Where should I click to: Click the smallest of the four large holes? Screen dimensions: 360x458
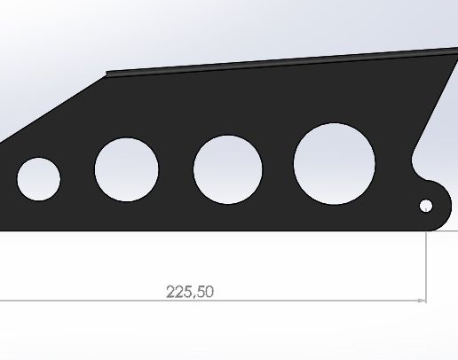coord(38,178)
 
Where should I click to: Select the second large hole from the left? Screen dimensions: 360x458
coord(126,169)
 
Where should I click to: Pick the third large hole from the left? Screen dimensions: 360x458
coord(227,169)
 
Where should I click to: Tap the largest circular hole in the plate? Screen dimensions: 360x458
coord(335,163)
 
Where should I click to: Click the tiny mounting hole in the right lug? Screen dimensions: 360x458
coord(426,206)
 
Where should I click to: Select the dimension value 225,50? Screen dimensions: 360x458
coord(190,291)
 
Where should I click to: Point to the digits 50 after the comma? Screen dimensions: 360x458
coord(205,291)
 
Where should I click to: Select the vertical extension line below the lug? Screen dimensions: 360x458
coord(427,266)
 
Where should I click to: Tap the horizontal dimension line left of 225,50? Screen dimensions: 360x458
coord(80,301)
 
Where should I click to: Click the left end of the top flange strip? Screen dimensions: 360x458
coord(109,74)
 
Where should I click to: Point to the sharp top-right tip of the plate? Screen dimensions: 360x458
coord(455,50)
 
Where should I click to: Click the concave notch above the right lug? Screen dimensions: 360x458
coord(415,164)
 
